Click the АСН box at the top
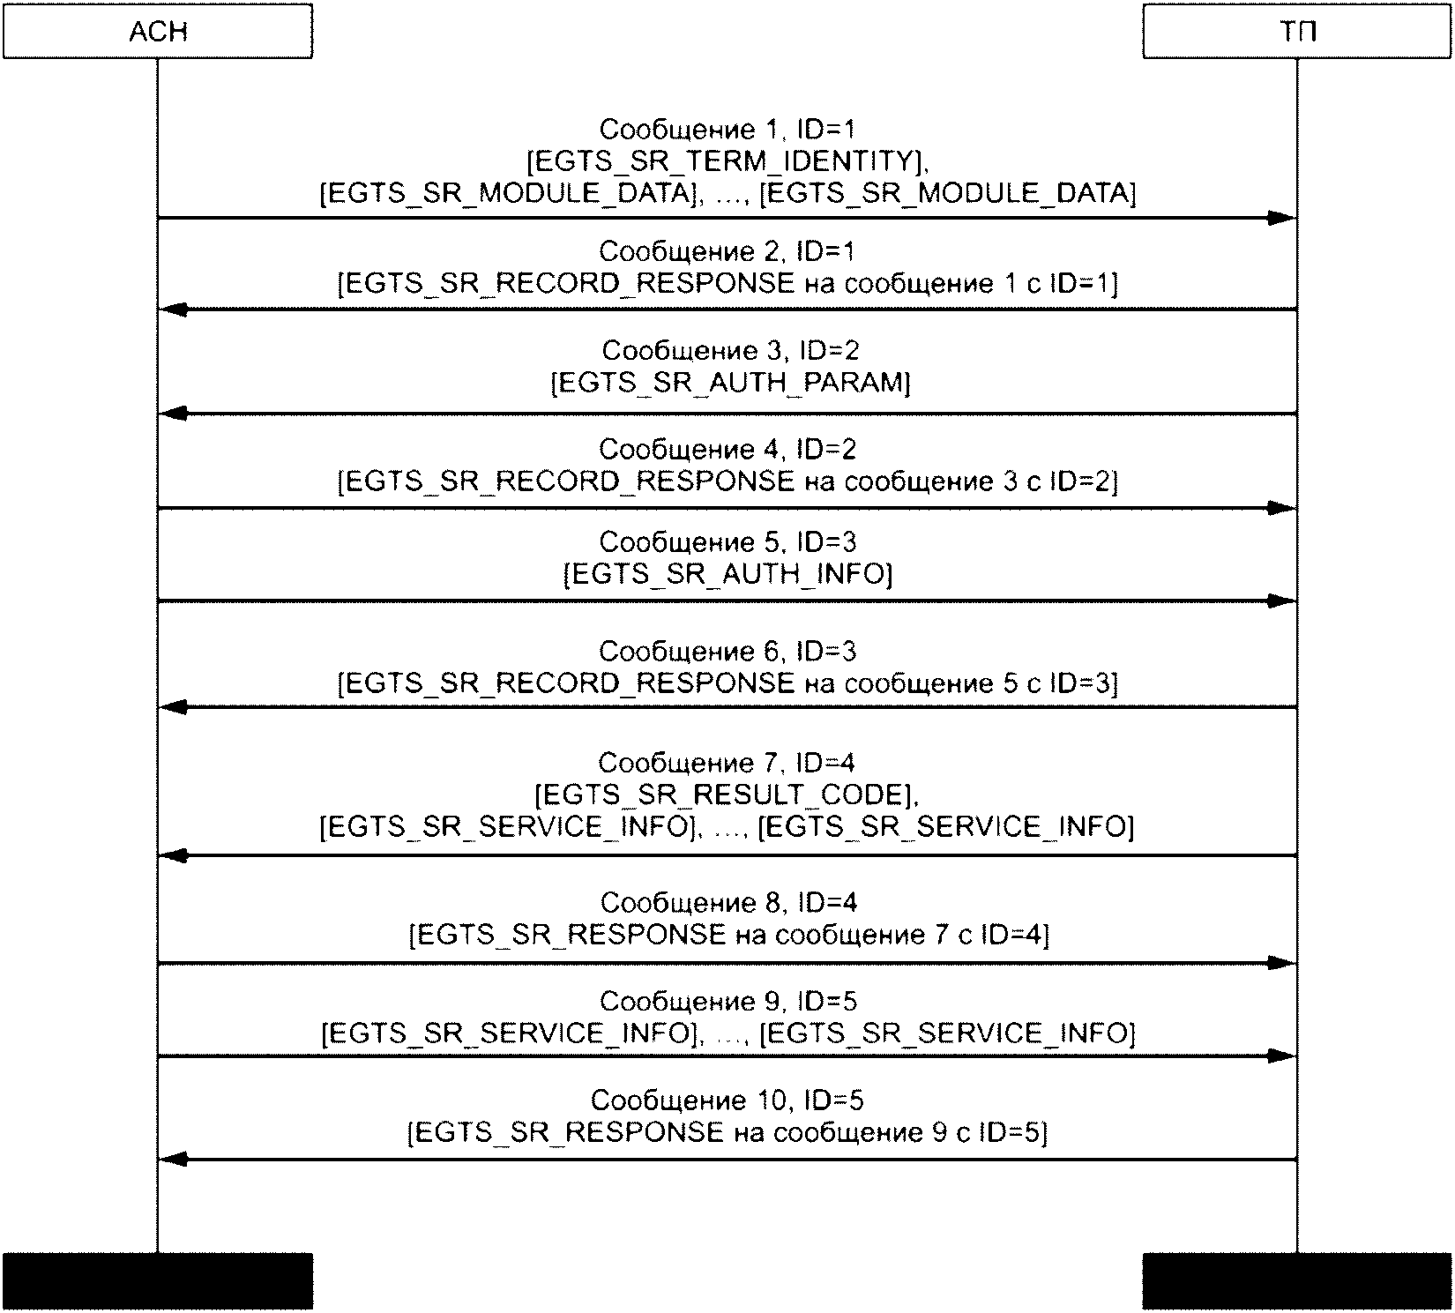158,32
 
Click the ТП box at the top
1296,32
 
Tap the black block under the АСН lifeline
158,1280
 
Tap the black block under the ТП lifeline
1296,1280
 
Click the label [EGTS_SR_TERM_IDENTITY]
727,161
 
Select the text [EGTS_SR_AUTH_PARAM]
730,383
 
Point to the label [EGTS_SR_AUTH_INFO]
727,574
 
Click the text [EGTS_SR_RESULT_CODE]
727,795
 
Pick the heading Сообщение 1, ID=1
727,130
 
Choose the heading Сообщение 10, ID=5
727,1100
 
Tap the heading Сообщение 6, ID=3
727,652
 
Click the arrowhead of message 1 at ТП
1283,218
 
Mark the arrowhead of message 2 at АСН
173,310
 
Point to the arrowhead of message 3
173,414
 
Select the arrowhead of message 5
1283,601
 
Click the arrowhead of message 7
173,855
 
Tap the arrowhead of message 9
1283,1056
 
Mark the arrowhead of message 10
173,1160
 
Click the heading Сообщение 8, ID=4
728,903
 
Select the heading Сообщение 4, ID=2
727,450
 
